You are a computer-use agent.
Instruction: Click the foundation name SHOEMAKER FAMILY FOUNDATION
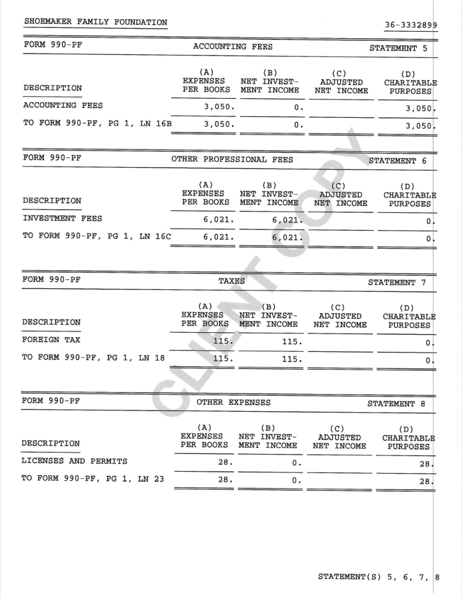click(96, 22)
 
